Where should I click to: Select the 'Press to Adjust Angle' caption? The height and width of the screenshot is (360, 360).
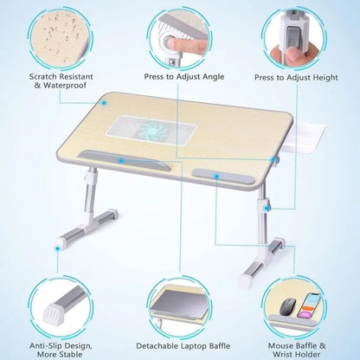[184, 76]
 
